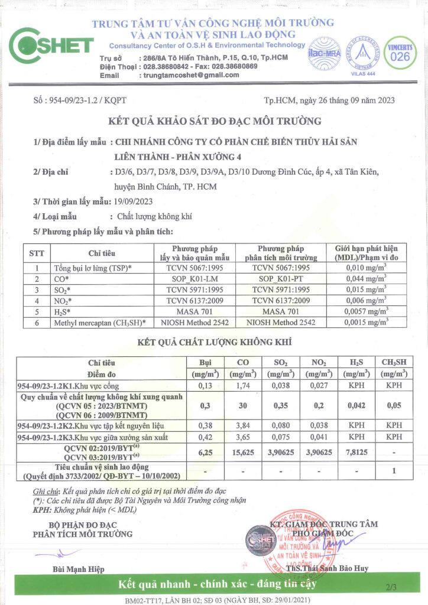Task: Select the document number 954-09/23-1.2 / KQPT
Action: [76, 100]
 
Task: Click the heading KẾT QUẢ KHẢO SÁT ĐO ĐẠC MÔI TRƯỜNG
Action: [215, 122]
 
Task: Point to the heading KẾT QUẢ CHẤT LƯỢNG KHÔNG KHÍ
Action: [214, 342]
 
